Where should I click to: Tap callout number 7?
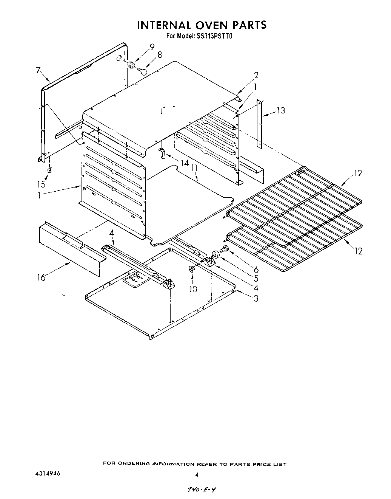coord(38,70)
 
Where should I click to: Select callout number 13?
coord(280,110)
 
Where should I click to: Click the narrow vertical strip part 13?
coord(259,123)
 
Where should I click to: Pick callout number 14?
coord(184,163)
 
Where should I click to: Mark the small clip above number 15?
coord(49,170)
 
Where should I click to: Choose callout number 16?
coord(41,277)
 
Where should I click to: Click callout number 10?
coord(193,289)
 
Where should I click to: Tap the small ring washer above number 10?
coord(191,269)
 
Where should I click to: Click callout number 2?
coord(256,75)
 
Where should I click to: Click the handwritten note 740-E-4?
coord(201,488)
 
